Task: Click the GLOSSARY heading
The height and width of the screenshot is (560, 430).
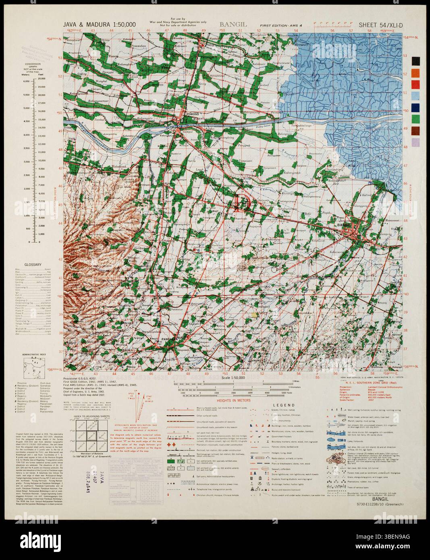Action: [x=31, y=265]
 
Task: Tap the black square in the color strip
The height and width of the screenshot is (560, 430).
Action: [x=416, y=61]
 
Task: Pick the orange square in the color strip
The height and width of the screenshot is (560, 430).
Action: [x=416, y=73]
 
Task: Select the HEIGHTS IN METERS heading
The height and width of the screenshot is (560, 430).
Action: [x=233, y=400]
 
